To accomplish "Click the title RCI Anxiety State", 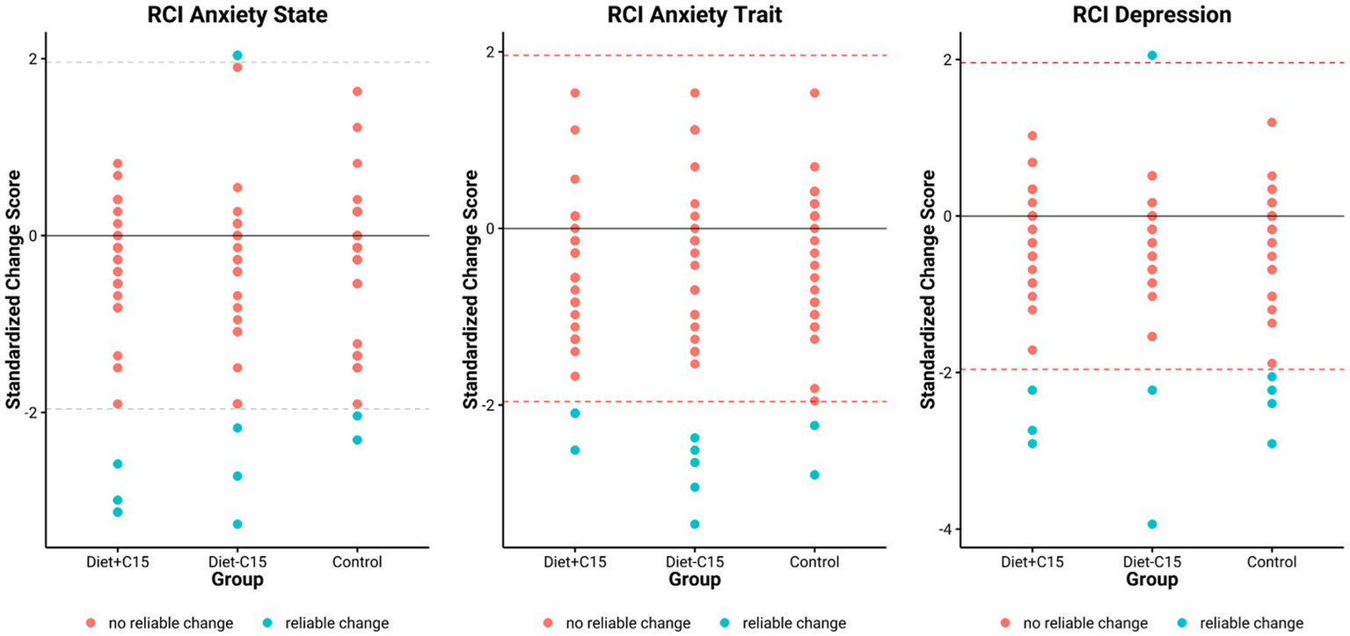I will click(x=237, y=15).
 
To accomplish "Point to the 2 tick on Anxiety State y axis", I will click(x=32, y=59).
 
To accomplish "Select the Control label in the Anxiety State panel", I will click(x=357, y=562).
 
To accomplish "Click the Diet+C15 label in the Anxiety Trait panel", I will click(x=574, y=562).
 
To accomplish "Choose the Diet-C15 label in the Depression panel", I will click(x=1151, y=562).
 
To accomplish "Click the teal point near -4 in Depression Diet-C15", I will click(x=1151, y=524).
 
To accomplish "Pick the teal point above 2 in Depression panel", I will click(x=1151, y=55).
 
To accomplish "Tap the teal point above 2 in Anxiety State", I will click(x=237, y=55).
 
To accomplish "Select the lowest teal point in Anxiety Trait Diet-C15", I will click(x=694, y=524).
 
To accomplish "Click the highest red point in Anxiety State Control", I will click(x=357, y=91).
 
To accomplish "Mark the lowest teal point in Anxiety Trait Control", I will click(x=814, y=475).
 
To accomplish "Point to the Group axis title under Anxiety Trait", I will click(x=694, y=580).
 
